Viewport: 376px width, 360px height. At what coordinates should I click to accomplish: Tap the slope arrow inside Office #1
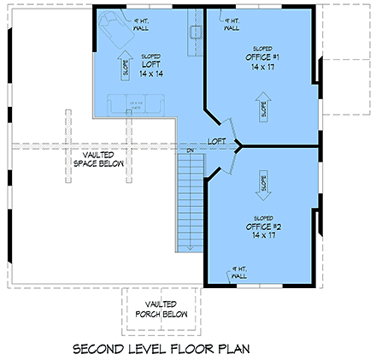click(x=263, y=108)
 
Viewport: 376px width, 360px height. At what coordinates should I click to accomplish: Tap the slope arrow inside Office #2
click(x=261, y=182)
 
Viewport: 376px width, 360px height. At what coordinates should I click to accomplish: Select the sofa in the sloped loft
click(x=136, y=104)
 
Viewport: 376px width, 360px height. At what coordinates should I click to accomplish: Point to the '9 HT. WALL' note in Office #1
click(x=231, y=23)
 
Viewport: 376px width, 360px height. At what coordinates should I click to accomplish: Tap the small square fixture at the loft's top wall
click(x=195, y=31)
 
